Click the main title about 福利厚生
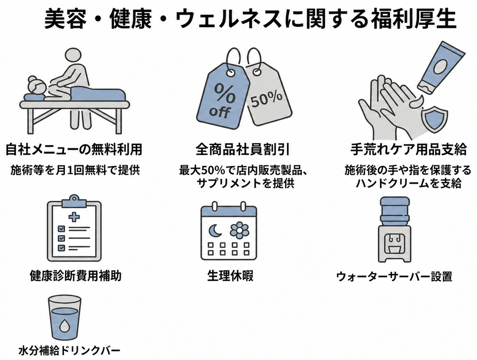coord(250,19)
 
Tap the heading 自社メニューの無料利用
coord(74,149)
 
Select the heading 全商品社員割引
coord(243,149)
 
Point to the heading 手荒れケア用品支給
coord(409,149)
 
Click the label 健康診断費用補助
coord(76,276)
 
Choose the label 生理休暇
coord(230,276)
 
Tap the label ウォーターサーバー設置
coord(394,276)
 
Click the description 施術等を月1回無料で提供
coord(75,170)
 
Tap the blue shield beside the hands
coord(434,119)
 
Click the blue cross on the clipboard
coord(74,217)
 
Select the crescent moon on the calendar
coord(215,231)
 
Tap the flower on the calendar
coord(239,231)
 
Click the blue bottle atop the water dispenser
coord(395,212)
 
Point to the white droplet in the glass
coord(64,326)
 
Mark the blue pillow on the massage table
coord(34,97)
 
